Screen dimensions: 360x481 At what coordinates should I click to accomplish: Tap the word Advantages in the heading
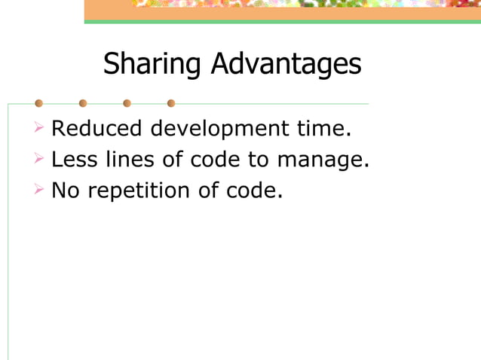286,65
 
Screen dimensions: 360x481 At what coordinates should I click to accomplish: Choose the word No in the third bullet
66,191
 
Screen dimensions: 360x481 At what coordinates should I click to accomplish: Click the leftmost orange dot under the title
38,103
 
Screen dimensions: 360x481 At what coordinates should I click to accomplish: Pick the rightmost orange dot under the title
171,103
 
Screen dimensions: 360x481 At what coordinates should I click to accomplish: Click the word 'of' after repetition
210,191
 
